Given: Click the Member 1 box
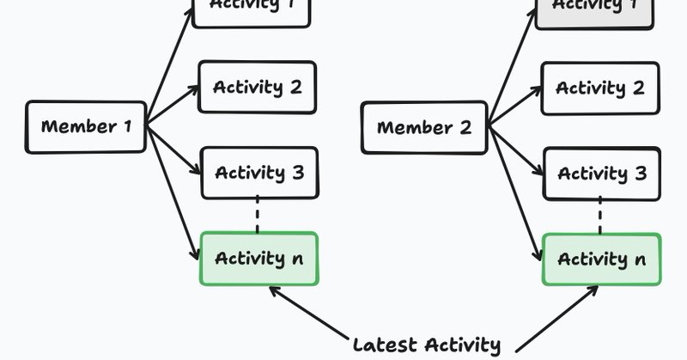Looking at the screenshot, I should (86, 127).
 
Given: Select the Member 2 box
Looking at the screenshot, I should (424, 128).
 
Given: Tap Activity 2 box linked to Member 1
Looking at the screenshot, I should (257, 87).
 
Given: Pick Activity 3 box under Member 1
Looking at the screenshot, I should (258, 173).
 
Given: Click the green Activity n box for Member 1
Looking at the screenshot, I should (258, 259).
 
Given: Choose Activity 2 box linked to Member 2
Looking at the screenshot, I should (599, 88).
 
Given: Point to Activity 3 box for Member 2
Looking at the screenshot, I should (601, 173).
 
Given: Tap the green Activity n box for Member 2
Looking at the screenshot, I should (601, 259).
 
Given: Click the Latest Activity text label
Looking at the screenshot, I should (426, 345).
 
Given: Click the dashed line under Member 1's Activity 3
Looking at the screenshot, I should (257, 215).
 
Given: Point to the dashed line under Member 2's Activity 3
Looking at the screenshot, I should (599, 215).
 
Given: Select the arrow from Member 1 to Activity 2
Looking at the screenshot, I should (173, 106).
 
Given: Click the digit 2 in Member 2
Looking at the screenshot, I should (465, 128).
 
